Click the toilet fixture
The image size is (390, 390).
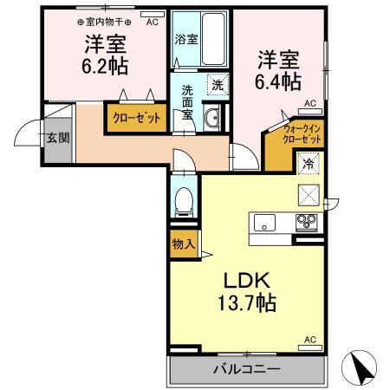click(184, 202)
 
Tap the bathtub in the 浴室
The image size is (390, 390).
click(213, 39)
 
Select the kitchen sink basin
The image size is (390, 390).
click(264, 223)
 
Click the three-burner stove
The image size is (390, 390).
click(307, 223)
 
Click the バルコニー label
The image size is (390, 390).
click(247, 369)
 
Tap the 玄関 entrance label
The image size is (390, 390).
click(58, 138)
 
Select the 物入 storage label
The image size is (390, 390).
click(184, 244)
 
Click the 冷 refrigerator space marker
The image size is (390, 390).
click(309, 164)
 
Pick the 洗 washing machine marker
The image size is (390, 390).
click(218, 85)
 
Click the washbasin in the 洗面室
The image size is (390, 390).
click(211, 118)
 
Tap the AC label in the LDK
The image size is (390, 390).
click(310, 340)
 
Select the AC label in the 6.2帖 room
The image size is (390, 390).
click(153, 23)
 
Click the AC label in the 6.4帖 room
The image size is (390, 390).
click(310, 103)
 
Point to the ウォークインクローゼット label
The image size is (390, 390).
click(302, 134)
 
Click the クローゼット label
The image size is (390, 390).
click(137, 118)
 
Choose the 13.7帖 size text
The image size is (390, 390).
click(247, 302)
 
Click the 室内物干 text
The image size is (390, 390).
click(105, 22)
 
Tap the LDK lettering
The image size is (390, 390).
click(247, 280)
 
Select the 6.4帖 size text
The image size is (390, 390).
click(278, 81)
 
